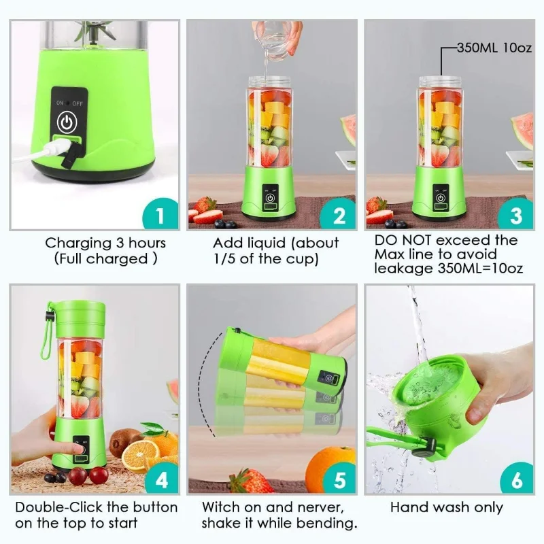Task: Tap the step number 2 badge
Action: pyautogui.click(x=339, y=216)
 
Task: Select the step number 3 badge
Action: pyautogui.click(x=516, y=216)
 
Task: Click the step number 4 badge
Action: pyautogui.click(x=161, y=479)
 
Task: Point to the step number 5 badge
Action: pyautogui.click(x=339, y=479)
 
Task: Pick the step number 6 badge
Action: pyautogui.click(x=516, y=479)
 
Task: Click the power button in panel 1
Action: pyautogui.click(x=66, y=122)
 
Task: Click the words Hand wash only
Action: pyautogui.click(x=446, y=507)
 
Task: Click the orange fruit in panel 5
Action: pyautogui.click(x=329, y=468)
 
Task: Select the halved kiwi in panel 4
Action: pyautogui.click(x=124, y=443)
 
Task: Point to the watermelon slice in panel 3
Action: pyautogui.click(x=523, y=129)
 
